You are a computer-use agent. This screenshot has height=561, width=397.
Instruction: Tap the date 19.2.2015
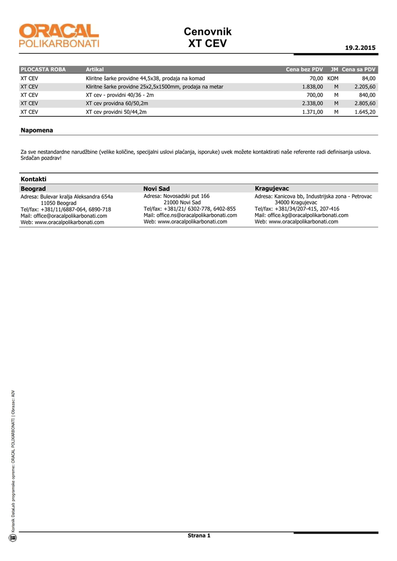tap(360, 48)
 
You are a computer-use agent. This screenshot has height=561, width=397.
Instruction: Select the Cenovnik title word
tap(208, 32)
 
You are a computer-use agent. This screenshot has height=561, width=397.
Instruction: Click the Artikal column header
tap(94, 70)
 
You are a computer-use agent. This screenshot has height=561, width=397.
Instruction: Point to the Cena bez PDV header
tap(304, 70)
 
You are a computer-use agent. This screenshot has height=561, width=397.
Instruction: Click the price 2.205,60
tap(365, 87)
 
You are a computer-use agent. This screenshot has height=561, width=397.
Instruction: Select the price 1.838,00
tap(313, 87)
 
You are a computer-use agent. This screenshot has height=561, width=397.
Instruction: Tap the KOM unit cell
tap(333, 78)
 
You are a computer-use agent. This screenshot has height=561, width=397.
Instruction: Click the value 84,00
tap(368, 78)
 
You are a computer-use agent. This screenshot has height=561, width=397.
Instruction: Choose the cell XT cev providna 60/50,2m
tap(117, 103)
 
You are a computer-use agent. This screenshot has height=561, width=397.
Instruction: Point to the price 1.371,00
tap(313, 111)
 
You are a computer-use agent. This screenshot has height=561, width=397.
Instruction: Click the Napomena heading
tap(37, 130)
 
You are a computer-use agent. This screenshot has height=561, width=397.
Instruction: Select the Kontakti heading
tap(33, 179)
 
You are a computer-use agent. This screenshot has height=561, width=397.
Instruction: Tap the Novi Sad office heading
tap(156, 188)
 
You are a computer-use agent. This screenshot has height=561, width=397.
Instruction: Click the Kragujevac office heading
tap(272, 188)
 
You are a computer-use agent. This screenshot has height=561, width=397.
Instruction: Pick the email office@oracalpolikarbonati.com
tap(64, 216)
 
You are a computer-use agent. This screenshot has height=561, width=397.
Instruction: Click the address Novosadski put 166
tap(177, 196)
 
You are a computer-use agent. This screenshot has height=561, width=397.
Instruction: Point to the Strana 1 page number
tap(198, 535)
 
